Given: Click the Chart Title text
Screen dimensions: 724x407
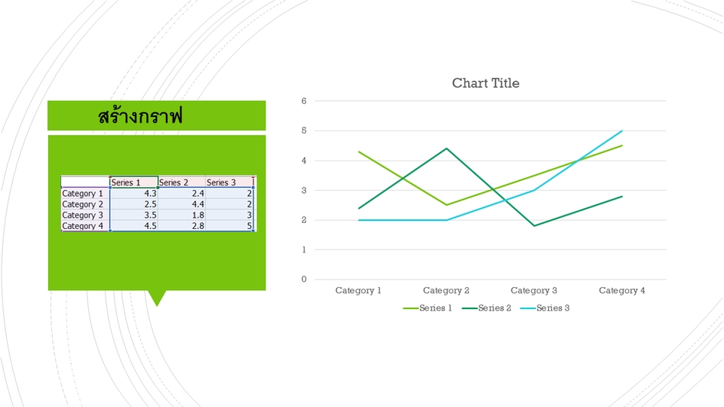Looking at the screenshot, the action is point(485,83).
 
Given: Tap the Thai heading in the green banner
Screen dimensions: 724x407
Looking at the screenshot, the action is point(140,115).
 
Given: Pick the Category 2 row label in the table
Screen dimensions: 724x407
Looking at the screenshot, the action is point(83,204).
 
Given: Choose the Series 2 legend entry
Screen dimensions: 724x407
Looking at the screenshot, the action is point(486,308).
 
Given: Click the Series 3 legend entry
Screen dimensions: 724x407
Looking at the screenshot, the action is point(545,308).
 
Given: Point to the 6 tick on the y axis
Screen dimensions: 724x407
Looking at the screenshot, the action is point(304,101).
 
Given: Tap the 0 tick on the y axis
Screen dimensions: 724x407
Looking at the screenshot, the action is point(304,279).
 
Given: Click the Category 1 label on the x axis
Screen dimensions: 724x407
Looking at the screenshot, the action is point(358,290).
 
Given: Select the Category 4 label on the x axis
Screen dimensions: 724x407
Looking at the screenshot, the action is point(622,290).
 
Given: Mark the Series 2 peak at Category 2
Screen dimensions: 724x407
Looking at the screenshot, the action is point(446,148).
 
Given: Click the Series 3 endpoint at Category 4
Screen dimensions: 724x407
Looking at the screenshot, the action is point(622,131).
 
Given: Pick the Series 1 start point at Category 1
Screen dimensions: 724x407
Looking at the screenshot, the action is point(359,151).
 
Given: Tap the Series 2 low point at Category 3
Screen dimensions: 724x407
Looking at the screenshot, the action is point(534,225).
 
